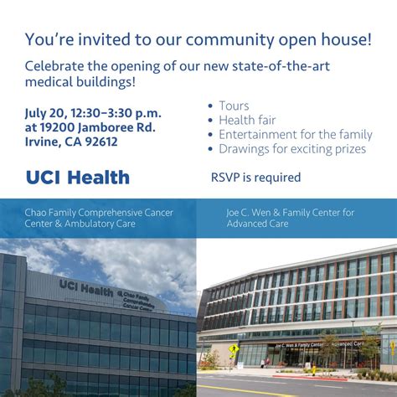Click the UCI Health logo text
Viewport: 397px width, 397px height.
77,178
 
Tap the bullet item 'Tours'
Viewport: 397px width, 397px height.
234,106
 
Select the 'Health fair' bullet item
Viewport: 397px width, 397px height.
247,120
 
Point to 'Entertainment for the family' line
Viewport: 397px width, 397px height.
295,134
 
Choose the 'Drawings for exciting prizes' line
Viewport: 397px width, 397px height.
291,148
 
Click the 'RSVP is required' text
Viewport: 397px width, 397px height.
255,178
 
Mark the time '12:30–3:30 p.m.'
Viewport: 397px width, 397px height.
117,112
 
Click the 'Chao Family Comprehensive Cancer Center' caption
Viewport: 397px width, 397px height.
99,218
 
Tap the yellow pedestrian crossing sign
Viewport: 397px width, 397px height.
234,348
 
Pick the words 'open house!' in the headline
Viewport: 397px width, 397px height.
329,39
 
